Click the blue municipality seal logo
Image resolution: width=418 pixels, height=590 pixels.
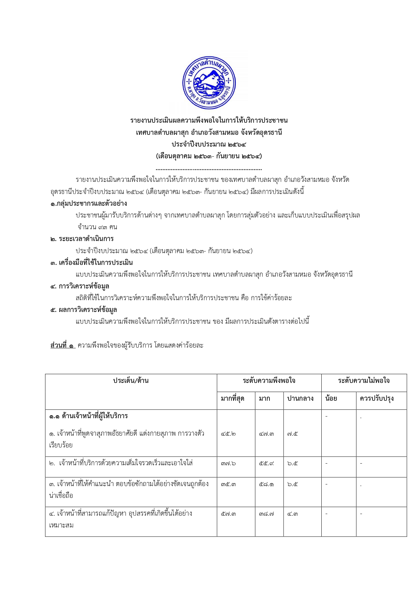209,83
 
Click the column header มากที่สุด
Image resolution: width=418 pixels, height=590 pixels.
232,399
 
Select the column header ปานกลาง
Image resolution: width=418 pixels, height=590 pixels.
300,399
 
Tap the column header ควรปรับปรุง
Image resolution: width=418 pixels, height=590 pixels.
377,399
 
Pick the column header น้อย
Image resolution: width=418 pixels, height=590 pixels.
331,399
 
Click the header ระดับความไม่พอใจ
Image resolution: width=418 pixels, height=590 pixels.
364,381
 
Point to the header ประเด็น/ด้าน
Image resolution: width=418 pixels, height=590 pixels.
131,381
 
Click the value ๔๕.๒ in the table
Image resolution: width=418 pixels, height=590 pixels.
228,434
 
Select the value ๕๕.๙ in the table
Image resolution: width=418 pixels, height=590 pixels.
266,464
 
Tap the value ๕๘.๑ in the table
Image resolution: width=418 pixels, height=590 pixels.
266,484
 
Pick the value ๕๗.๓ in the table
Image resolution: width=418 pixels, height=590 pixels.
228,514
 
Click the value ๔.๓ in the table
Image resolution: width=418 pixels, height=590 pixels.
292,514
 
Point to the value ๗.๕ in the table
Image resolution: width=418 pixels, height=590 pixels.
292,434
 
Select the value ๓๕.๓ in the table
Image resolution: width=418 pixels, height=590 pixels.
228,484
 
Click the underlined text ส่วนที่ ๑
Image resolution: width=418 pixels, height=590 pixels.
63,345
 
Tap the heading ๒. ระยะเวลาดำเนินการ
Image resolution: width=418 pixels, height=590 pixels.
82,239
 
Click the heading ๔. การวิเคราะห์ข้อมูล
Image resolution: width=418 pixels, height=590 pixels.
80,286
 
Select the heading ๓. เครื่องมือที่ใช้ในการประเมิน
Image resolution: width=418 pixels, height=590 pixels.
91,263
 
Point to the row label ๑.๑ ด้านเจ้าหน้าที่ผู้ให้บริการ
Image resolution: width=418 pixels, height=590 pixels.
89,416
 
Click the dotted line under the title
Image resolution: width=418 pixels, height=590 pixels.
209,169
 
